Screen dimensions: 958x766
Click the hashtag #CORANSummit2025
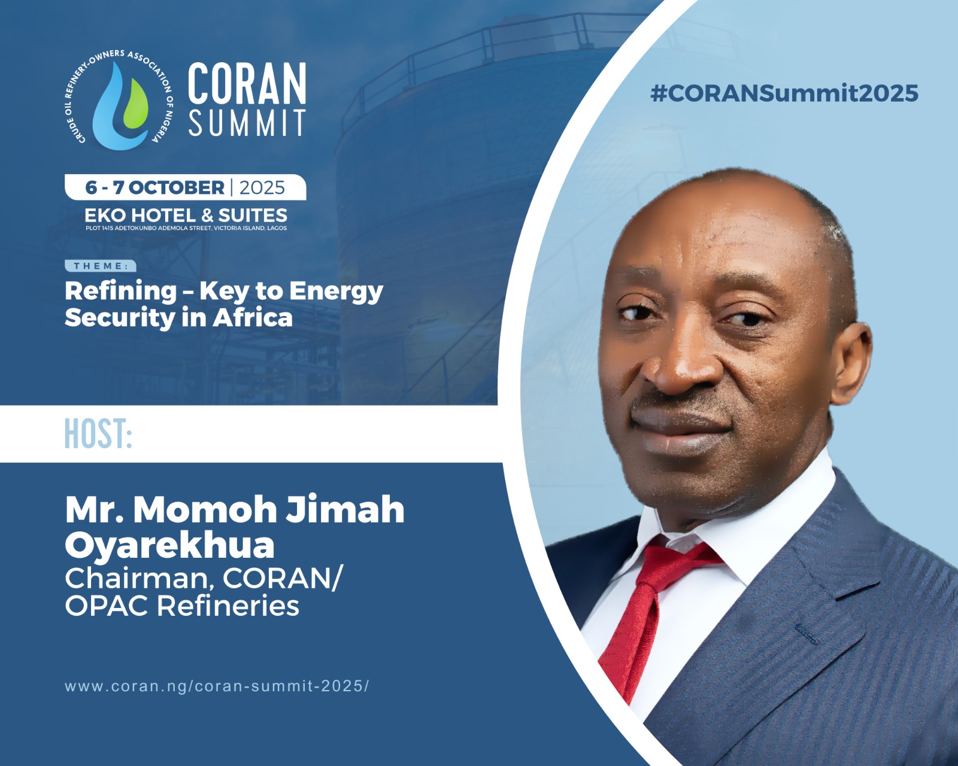(x=784, y=93)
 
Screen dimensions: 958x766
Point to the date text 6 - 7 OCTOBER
(x=154, y=187)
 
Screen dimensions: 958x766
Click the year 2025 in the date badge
(x=262, y=188)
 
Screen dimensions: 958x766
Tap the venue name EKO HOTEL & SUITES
(x=186, y=215)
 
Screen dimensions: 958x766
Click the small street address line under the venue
(x=186, y=229)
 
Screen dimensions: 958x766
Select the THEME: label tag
(x=101, y=266)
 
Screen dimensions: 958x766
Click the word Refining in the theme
(x=121, y=291)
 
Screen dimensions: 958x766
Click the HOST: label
(x=98, y=433)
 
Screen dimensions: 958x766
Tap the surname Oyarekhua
(x=169, y=546)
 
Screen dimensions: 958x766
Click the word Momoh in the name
(x=205, y=509)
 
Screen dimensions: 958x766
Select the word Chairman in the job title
(x=137, y=578)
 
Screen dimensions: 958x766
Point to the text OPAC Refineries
(x=182, y=606)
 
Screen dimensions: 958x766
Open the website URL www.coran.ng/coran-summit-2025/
(x=217, y=686)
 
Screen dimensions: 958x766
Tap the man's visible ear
(x=850, y=363)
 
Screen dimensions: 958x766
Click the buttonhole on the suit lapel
(x=806, y=634)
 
